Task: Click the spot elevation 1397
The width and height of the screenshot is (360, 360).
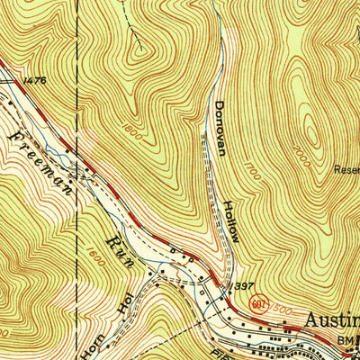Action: (242, 285)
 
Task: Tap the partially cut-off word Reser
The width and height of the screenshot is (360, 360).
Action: (346, 168)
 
